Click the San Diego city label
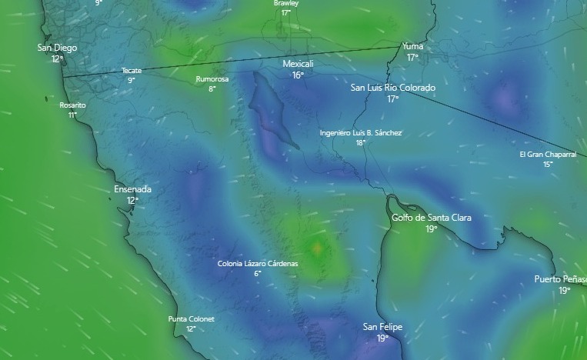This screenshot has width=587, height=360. point(57,48)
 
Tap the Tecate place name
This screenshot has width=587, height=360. point(132,71)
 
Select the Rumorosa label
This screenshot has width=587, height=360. point(212,78)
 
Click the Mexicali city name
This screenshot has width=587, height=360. point(298,64)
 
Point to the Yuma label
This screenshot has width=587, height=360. point(412,47)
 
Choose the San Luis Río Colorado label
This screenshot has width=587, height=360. point(392,88)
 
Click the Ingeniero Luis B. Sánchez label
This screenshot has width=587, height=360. point(361,133)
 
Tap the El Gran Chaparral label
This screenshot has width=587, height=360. point(548,155)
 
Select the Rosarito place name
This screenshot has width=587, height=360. point(72,105)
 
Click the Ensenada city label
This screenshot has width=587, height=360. point(132,189)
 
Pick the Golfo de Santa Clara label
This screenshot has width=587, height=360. point(432,218)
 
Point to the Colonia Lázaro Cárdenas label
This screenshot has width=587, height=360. point(258,264)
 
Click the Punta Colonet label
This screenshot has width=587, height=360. point(191,319)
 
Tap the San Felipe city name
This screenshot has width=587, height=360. point(382,327)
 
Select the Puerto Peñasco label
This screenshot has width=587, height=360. point(561,279)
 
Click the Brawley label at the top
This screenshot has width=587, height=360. point(286,3)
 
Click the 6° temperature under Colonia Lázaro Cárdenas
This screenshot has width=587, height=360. point(258,274)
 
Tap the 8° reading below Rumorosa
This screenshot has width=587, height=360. point(212,88)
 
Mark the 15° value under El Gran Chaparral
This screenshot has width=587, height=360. point(548,164)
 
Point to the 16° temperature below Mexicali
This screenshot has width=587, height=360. point(298,75)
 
